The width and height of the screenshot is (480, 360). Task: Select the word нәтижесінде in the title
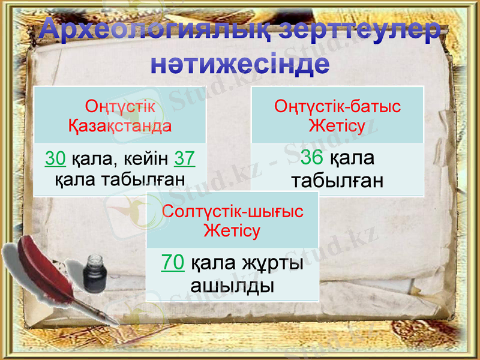point(239,64)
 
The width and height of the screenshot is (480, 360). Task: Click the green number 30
point(55,158)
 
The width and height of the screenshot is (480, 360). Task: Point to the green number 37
point(185,158)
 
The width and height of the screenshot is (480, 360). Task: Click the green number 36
point(312,158)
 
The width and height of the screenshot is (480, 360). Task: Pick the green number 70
point(173,263)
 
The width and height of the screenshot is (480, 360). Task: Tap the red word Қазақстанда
point(119,125)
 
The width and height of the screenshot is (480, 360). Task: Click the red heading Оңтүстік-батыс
point(337,107)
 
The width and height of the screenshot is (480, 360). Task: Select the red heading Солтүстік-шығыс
point(233,211)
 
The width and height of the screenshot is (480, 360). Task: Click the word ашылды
point(232,284)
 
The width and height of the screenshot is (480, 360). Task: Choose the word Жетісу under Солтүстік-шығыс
point(232,230)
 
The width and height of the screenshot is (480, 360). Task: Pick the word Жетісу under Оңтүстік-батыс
point(337,126)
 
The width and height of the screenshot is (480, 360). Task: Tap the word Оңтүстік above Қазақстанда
point(120,107)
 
